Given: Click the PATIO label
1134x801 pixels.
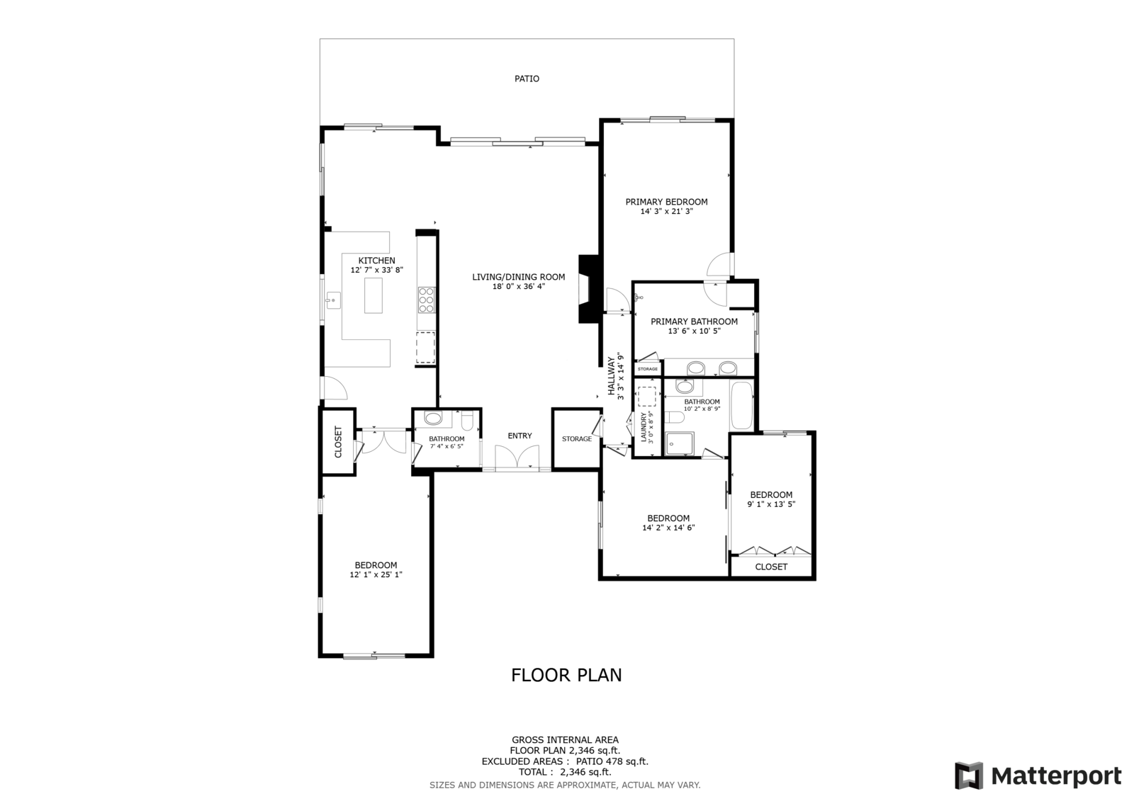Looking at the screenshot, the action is point(527,79).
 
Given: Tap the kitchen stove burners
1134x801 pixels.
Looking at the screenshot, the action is point(426,300).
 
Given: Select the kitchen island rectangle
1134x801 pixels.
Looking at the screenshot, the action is point(373,295).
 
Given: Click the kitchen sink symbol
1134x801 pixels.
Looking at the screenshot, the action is point(333,300).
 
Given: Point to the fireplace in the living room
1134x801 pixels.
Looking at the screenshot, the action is point(589,289).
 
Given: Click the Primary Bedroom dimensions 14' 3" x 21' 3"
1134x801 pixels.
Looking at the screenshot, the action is point(666,212).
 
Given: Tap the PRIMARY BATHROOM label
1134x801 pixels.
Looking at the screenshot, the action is point(694,322).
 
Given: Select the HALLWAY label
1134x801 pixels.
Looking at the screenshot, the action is point(611,376).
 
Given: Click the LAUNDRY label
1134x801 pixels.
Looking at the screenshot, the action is point(644,427).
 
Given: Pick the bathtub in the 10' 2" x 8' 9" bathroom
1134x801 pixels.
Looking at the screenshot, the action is point(742,406).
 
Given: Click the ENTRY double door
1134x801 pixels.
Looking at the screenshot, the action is point(517,458).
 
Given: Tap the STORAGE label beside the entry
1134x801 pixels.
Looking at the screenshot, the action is point(577,438).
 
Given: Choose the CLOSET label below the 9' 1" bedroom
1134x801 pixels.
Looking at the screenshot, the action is point(771,567).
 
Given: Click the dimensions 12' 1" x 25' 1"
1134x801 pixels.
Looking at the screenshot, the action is point(376,574).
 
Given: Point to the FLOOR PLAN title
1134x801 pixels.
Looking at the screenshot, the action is point(566,675).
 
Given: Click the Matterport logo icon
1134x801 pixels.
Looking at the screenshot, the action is point(968,776).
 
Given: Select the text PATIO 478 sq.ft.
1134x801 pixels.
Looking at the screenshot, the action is point(612,761).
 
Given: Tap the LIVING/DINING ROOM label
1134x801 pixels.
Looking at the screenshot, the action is point(518,277).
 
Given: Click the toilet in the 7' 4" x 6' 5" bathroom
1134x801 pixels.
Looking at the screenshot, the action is point(467,421).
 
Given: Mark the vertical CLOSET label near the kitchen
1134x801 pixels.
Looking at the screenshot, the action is point(338,442).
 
